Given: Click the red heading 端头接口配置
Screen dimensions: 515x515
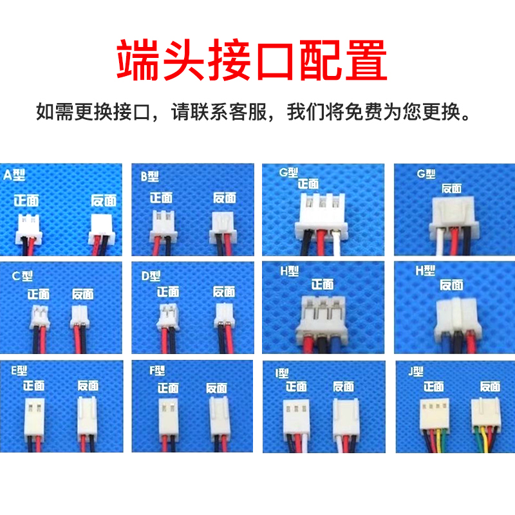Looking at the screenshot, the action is [x=252, y=60].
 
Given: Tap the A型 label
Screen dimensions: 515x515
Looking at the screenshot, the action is [x=14, y=174].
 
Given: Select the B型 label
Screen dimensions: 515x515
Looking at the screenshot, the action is [x=149, y=176].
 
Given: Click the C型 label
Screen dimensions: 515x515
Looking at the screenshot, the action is [x=23, y=276].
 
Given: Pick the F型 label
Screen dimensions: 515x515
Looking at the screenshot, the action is [x=156, y=371].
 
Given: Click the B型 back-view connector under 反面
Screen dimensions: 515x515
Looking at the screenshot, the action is [x=224, y=222].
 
